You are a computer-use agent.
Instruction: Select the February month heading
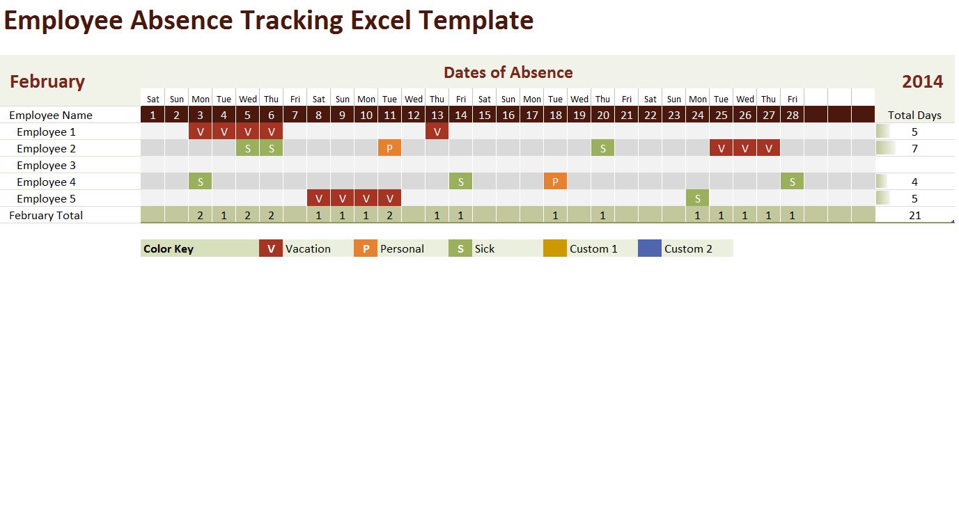(x=47, y=81)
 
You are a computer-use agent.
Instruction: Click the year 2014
(x=922, y=81)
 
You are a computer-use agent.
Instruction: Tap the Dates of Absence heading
(x=508, y=72)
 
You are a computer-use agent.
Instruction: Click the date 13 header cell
(x=437, y=115)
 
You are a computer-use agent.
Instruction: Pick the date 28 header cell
(x=792, y=115)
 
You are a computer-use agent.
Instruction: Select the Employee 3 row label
(x=46, y=165)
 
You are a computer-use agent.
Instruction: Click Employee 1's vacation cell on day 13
(x=437, y=132)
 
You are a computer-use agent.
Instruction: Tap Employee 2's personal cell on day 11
(x=389, y=148)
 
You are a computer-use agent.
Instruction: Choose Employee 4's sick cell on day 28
(x=792, y=182)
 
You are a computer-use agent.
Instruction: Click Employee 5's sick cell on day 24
(x=697, y=198)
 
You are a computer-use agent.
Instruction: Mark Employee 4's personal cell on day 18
(x=555, y=182)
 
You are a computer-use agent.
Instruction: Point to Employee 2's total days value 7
(x=914, y=148)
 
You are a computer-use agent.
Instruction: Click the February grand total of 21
(x=914, y=215)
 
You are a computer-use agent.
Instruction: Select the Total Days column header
(x=914, y=115)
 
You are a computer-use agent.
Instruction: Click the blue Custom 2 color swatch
(x=649, y=248)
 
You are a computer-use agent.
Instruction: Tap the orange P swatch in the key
(x=365, y=248)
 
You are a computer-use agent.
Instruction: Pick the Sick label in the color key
(x=485, y=248)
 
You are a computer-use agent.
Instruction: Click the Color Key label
(x=169, y=248)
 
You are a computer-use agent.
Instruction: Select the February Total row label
(x=46, y=215)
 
